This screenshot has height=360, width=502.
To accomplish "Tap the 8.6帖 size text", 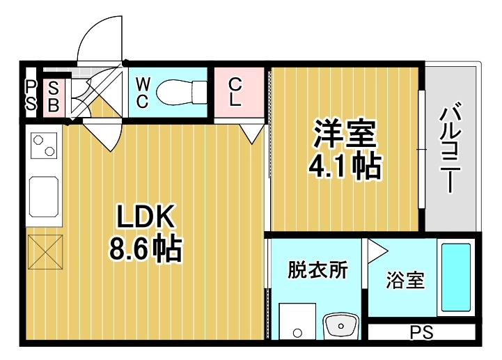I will (146, 249).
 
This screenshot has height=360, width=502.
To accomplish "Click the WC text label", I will (142, 92).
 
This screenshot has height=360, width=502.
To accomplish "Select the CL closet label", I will (235, 92).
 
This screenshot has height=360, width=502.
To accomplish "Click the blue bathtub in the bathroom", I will (457, 279).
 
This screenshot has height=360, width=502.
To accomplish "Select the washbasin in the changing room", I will (341, 324).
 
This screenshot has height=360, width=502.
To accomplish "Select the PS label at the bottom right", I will (421, 333).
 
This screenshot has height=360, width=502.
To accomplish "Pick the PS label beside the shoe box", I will (31, 96).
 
